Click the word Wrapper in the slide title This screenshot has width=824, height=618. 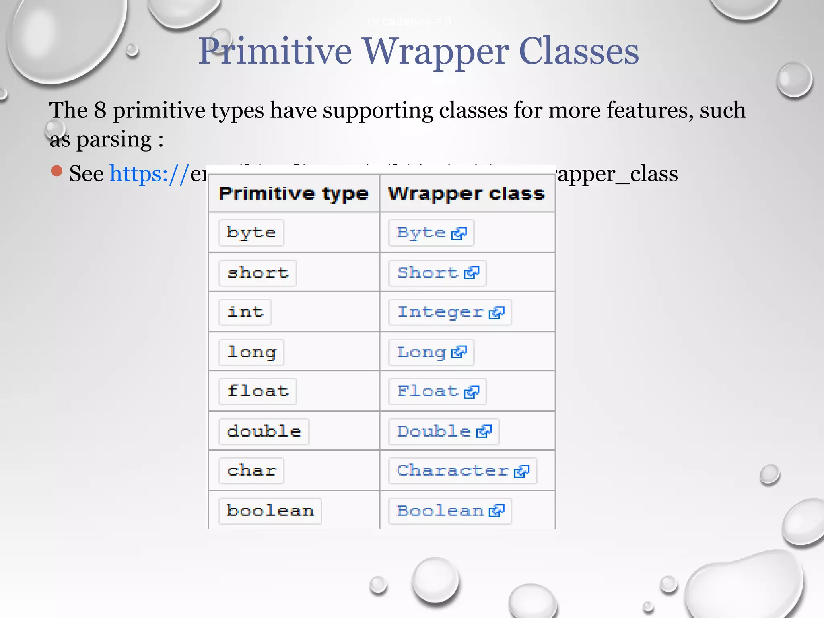pos(436,51)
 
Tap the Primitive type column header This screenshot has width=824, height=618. pos(294,194)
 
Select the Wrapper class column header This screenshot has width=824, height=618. pos(466,194)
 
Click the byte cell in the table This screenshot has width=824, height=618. pos(251,233)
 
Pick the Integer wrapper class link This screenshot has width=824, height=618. pos(440,312)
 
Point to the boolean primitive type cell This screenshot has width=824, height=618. pos(270,511)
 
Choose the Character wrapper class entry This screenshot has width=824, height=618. pos(453,470)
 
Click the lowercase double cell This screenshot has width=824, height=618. pos(264,431)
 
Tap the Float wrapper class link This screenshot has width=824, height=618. pos(428,391)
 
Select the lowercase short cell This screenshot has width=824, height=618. pos(257,273)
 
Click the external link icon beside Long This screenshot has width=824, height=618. pos(459,352)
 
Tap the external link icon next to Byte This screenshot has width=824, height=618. pos(459,233)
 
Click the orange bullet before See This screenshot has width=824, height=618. pos(57,171)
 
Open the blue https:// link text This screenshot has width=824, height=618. pos(149,174)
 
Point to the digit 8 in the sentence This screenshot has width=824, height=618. pos(100,110)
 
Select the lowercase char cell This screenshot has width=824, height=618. pos(251,470)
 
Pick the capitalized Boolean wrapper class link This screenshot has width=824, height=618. pos(440,511)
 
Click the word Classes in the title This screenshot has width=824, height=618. pos(579,51)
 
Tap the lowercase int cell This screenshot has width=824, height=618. pos(245,312)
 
